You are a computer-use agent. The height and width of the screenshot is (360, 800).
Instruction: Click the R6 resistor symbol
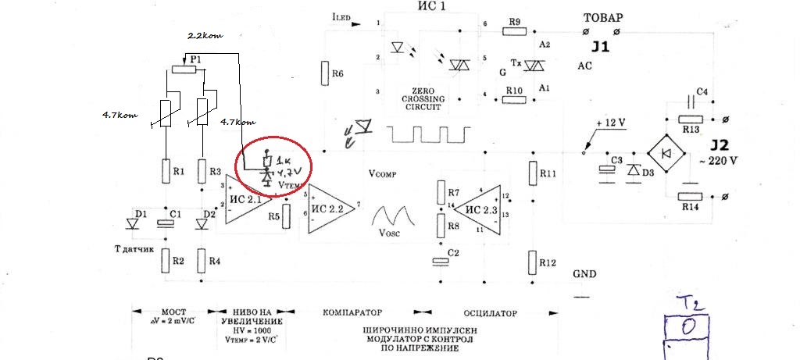click(323, 73)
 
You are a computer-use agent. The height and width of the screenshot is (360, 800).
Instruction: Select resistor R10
click(514, 100)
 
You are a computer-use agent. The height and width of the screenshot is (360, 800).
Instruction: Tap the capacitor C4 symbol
click(690, 101)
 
